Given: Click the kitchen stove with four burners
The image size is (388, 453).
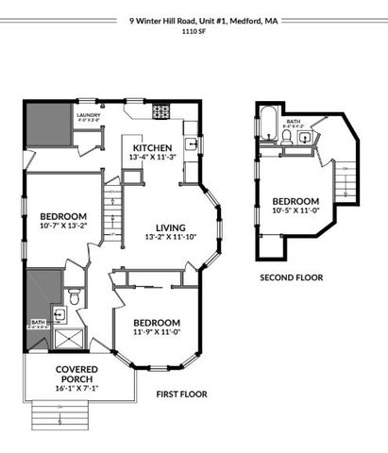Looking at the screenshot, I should coord(160,110).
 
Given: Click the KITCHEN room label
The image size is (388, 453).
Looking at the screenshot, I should coord(152,148).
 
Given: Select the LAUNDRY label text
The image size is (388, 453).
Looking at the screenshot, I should coord(88,114).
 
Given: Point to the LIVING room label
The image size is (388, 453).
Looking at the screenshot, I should coord(170,227).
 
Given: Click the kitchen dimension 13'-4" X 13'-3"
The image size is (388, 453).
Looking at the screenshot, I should coord(152,158).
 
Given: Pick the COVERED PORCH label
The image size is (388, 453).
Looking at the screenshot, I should coord(72,374).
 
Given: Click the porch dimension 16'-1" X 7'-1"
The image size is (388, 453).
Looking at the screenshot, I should coord(72,387).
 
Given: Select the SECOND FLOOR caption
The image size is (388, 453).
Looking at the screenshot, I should coord(292,277).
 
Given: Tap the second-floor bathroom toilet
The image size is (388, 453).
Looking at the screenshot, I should coord(285,138).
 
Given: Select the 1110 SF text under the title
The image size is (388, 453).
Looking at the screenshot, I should coord(193,31).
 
